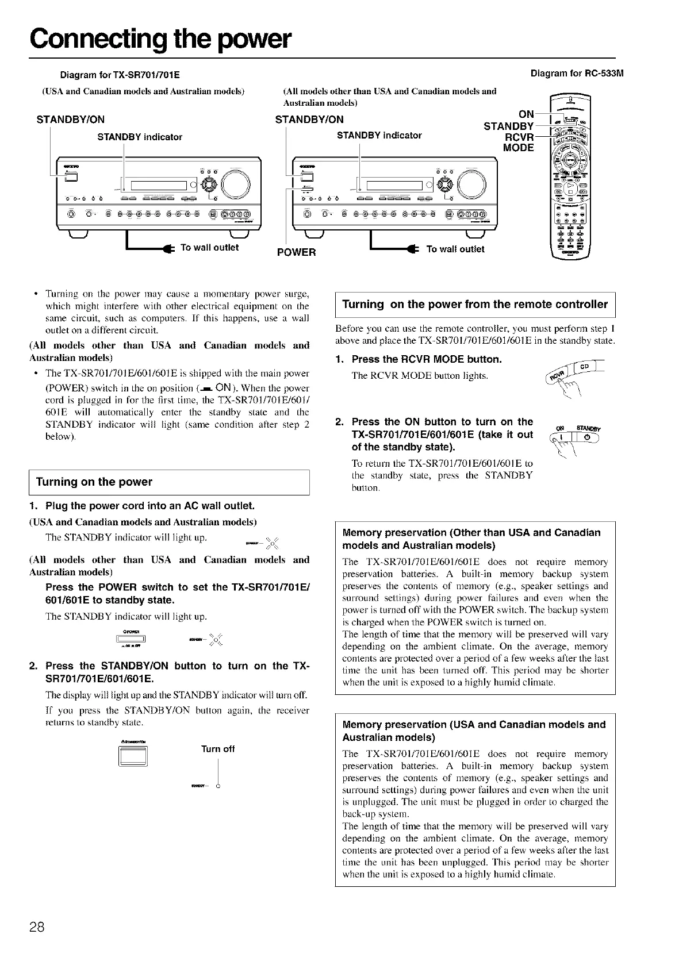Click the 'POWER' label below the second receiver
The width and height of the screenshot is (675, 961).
[297, 252]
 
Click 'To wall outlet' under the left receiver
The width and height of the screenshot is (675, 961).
[209, 248]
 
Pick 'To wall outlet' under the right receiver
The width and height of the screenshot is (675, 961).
[455, 249]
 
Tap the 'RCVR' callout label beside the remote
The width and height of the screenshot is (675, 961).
[519, 137]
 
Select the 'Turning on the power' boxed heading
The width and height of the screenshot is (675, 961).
[94, 482]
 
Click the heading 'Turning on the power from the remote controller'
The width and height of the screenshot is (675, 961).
[475, 305]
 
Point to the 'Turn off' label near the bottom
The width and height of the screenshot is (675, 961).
[218, 749]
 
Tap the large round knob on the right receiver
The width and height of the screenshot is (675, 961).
[472, 184]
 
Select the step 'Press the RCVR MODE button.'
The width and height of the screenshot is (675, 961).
[427, 360]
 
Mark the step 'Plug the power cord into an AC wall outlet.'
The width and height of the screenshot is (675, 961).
[149, 506]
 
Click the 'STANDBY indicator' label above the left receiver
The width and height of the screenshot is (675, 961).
[140, 137]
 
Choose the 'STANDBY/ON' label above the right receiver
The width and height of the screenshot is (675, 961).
[310, 120]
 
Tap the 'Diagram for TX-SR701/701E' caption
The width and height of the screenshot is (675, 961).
[120, 74]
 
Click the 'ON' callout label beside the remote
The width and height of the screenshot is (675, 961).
[526, 114]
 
